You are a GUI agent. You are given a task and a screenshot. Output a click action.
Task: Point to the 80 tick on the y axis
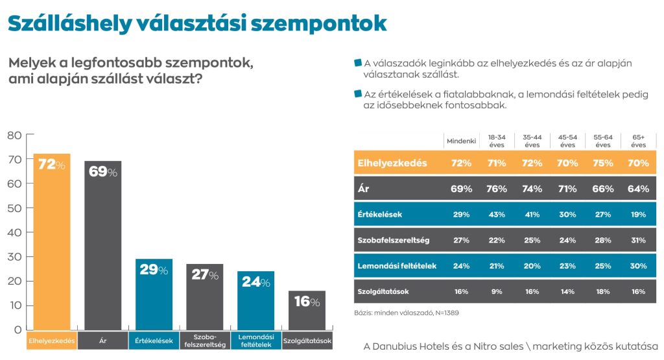coord(14,135)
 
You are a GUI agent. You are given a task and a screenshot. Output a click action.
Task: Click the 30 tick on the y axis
coord(14,257)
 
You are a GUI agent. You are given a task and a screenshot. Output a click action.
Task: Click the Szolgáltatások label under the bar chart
coord(307,341)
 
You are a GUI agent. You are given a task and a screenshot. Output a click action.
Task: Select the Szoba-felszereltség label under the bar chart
coord(205,341)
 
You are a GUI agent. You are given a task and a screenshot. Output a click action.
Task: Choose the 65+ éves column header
coord(638,141)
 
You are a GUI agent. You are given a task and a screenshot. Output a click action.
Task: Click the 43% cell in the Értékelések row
coord(497,214)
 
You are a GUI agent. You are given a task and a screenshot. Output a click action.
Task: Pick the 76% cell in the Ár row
coord(497,189)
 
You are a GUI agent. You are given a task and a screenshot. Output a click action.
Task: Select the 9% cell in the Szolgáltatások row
coord(497,291)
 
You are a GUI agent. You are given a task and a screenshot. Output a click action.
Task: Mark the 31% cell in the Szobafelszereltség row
coord(638,240)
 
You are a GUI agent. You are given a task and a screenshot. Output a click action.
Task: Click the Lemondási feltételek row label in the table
coord(396,266)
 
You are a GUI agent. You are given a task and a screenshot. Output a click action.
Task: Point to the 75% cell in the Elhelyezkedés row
coord(602,163)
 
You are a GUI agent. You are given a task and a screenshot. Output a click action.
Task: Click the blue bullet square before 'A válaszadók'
coord(357,63)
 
